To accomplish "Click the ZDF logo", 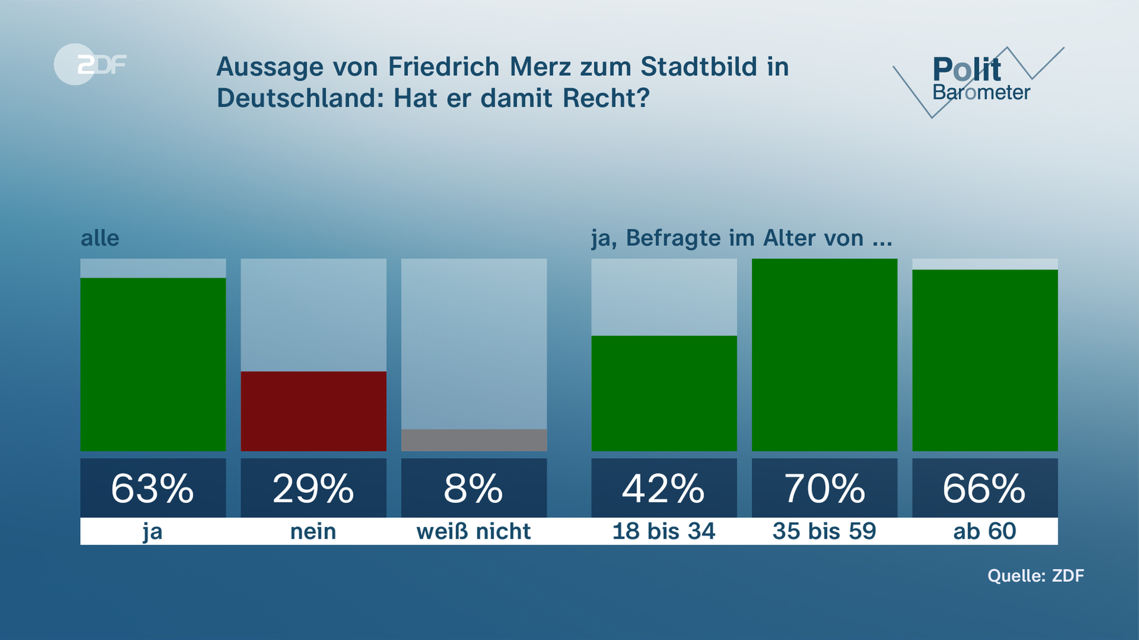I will click(90, 64).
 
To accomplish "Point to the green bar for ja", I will click(153, 364).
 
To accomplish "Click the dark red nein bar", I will click(313, 411).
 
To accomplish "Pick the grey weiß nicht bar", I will click(474, 440).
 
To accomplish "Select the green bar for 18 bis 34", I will click(664, 393).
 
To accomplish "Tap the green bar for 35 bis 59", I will click(824, 354).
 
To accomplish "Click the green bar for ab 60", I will click(985, 360).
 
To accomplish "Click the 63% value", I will click(153, 488).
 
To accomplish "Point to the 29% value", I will click(313, 488).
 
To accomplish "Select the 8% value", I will click(474, 488).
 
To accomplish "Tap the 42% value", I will click(664, 488).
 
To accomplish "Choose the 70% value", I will click(824, 488).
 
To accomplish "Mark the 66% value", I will click(985, 488).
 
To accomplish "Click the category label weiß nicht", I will click(474, 531).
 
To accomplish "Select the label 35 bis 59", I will click(824, 531).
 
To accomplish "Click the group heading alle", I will click(100, 238).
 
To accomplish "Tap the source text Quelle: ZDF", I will click(1036, 575).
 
